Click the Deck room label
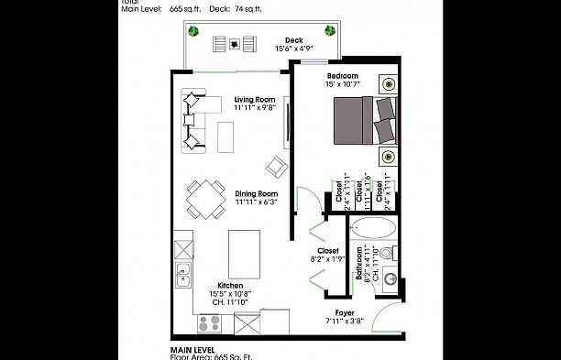click(293, 40)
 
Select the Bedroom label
click(342, 75)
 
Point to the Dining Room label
click(256, 193)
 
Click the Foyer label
click(345, 312)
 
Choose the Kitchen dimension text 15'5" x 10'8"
click(229, 293)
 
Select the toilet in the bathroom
click(386, 253)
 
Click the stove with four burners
click(210, 322)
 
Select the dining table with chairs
click(207, 197)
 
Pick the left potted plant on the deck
click(194, 31)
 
